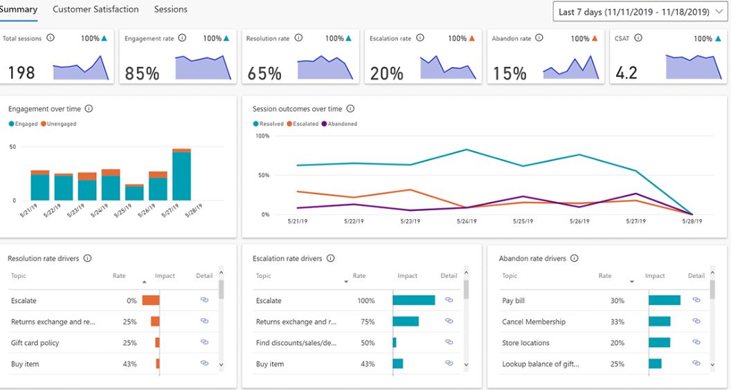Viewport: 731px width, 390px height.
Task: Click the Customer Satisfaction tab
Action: click(x=96, y=10)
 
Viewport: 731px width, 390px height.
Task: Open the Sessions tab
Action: click(x=170, y=10)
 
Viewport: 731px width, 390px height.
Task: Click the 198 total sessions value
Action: click(x=21, y=73)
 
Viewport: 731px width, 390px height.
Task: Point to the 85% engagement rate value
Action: click(x=142, y=73)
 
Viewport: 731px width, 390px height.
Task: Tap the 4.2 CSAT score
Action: click(x=626, y=73)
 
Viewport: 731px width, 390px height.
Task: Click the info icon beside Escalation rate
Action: click(x=420, y=39)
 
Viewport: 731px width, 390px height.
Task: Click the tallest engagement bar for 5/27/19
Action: click(x=181, y=176)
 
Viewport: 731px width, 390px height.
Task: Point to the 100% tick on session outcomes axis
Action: click(x=262, y=136)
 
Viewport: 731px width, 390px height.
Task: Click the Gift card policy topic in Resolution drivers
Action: click(x=35, y=343)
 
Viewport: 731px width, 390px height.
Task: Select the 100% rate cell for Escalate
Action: click(x=365, y=301)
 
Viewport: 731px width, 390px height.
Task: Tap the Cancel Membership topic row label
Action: click(x=533, y=322)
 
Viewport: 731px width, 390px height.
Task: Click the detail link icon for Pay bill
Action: click(x=696, y=300)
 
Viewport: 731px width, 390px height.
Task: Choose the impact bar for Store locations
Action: click(x=659, y=343)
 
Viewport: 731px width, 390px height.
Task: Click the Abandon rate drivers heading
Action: click(x=532, y=259)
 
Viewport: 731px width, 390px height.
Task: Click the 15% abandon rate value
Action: click(x=509, y=73)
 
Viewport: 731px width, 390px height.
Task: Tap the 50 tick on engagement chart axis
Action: click(x=12, y=147)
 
